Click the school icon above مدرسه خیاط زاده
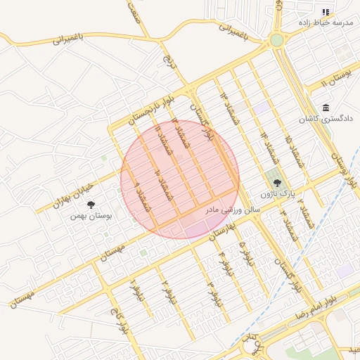click(x=326, y=12)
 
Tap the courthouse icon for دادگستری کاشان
click(x=326, y=108)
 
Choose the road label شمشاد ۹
click(x=141, y=196)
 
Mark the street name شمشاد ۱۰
click(x=160, y=185)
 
